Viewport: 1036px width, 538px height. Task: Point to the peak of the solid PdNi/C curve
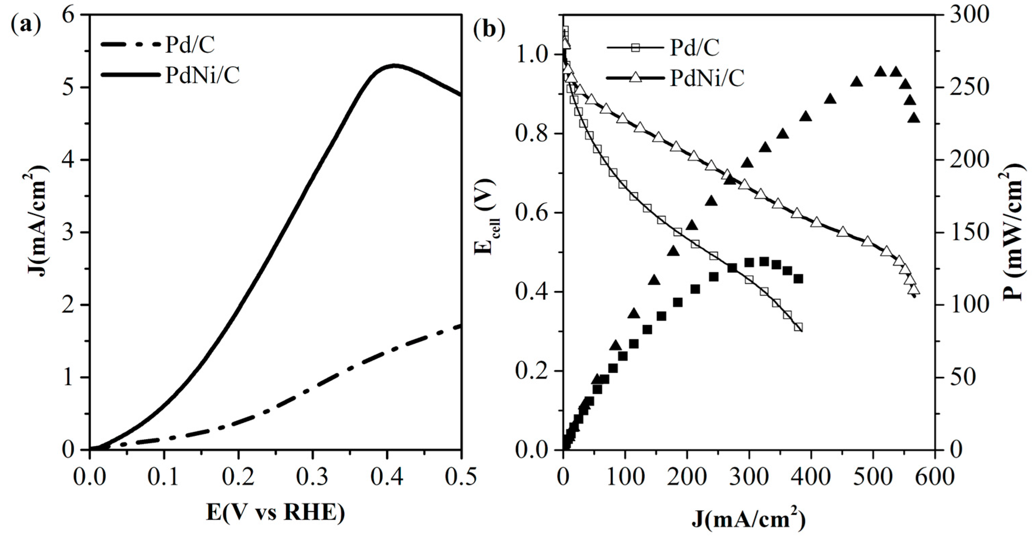pyautogui.click(x=394, y=65)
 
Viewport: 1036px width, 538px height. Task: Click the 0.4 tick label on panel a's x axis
pyautogui.click(x=387, y=478)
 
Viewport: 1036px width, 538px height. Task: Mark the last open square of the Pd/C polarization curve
pyautogui.click(x=798, y=327)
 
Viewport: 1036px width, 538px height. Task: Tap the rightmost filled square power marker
pyautogui.click(x=798, y=279)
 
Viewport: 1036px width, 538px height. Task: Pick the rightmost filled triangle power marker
pyautogui.click(x=914, y=118)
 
